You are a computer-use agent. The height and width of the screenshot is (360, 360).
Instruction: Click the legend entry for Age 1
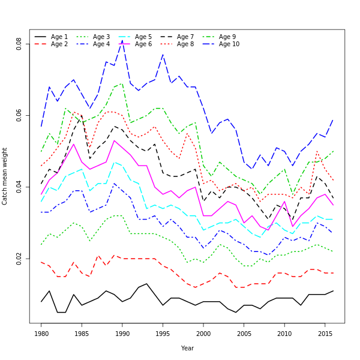point(59,37)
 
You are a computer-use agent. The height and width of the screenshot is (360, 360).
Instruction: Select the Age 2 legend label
point(59,44)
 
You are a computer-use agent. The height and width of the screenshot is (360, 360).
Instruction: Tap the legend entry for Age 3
point(101,37)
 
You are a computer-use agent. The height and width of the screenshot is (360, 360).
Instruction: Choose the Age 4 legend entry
point(101,44)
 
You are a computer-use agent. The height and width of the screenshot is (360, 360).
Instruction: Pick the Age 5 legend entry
point(143,37)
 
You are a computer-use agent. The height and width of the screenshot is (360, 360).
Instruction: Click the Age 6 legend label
point(143,44)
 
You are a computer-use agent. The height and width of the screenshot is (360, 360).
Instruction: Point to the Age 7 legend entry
point(185,37)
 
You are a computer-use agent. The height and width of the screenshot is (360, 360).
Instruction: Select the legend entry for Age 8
point(185,44)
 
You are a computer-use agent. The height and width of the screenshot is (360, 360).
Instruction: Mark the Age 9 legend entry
point(227,37)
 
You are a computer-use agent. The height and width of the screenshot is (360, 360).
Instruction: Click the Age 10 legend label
point(229,44)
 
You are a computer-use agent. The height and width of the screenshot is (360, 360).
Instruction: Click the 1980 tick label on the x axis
point(41,332)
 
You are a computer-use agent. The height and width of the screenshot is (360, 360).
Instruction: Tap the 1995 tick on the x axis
point(163,332)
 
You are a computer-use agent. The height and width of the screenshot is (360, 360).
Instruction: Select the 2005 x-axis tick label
point(244,332)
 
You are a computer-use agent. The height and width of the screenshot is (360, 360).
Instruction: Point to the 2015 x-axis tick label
point(325,332)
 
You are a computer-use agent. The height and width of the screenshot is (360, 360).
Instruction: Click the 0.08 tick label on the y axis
point(19,44)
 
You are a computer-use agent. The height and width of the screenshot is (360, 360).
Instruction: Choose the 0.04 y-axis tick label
point(19,188)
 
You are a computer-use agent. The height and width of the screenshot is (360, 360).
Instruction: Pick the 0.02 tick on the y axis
point(19,260)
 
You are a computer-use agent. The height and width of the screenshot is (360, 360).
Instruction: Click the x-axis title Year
point(187,348)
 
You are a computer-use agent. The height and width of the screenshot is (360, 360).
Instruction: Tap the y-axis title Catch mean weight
point(5,176)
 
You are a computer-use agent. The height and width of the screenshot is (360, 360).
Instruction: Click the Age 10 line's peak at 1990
point(122,40)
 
